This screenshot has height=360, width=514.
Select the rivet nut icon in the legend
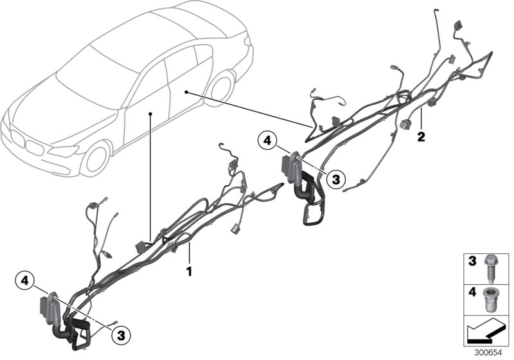click(489, 300)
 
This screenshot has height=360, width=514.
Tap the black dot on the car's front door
click(150, 113)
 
